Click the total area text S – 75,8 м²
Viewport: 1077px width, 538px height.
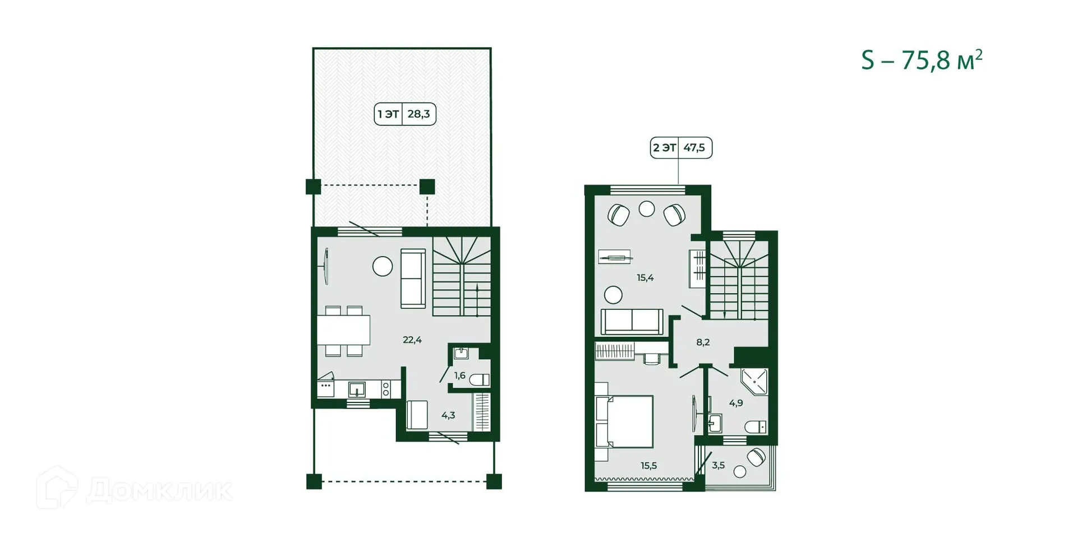coord(922,61)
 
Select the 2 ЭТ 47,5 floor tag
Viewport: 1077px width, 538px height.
coord(681,148)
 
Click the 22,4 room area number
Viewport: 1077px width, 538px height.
coord(412,340)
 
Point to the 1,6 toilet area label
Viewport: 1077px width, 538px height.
coord(459,375)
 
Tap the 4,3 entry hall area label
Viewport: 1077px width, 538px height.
coord(448,415)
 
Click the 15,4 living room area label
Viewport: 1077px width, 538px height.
coord(645,277)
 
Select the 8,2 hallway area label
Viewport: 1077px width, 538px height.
coord(703,342)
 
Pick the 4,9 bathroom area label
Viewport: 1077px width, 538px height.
coord(736,402)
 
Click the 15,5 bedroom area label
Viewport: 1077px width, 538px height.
coord(648,465)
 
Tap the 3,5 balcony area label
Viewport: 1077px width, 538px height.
coord(718,465)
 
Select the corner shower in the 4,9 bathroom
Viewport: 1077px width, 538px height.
coord(754,381)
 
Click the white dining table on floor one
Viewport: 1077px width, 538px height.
coord(343,330)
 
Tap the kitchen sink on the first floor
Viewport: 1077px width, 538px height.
coord(357,389)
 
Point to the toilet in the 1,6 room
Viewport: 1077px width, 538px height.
coord(480,380)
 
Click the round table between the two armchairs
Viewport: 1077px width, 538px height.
coord(647,209)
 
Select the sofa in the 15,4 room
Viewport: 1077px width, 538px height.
coord(632,322)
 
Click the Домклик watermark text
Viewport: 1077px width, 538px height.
coord(159,491)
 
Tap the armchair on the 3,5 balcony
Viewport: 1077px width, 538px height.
coord(756,457)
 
